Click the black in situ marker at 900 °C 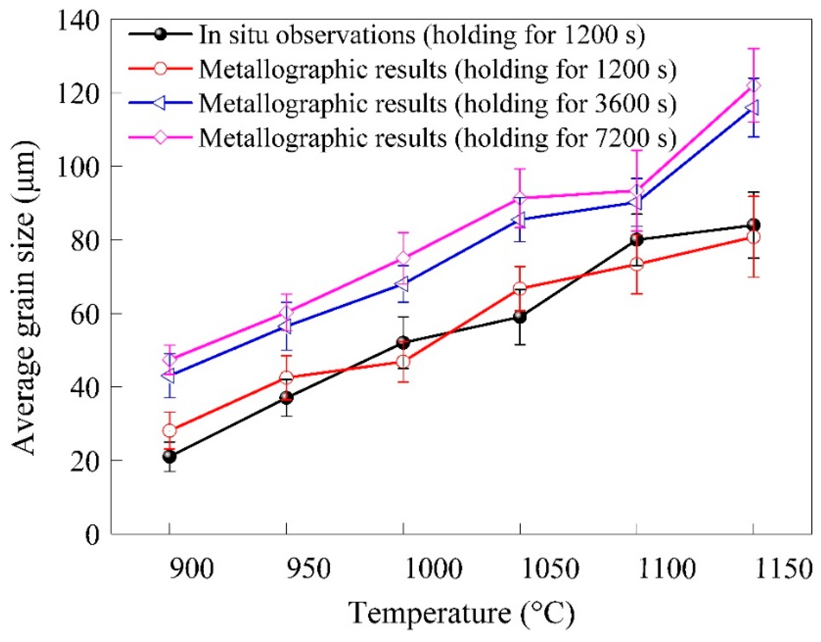pyautogui.click(x=169, y=457)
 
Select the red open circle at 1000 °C pyautogui.click(x=403, y=361)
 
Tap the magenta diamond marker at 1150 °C pyautogui.click(x=753, y=86)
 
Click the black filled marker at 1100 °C pyautogui.click(x=637, y=239)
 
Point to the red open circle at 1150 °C pyautogui.click(x=753, y=237)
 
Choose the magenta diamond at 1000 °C pyautogui.click(x=403, y=258)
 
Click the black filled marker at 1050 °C pyautogui.click(x=520, y=317)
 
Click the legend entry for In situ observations pyautogui.click(x=421, y=35)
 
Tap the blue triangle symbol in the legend pyautogui.click(x=160, y=103)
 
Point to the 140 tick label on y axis pyautogui.click(x=77, y=21)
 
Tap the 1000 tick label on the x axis pyautogui.click(x=432, y=569)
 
